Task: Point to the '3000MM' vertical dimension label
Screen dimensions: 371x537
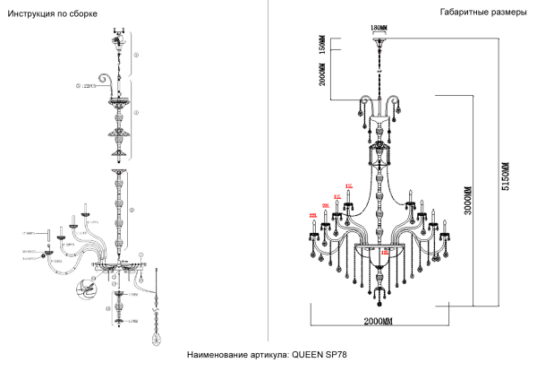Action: click(x=466, y=209)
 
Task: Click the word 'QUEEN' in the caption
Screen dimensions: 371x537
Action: click(x=307, y=356)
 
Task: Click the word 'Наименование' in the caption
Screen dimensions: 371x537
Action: click(x=218, y=356)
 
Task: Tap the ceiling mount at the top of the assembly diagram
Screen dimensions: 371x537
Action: click(x=115, y=36)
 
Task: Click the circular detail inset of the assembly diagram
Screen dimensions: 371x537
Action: click(x=87, y=289)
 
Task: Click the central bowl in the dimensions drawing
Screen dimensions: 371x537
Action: click(x=379, y=246)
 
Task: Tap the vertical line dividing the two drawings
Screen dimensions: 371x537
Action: click(x=269, y=170)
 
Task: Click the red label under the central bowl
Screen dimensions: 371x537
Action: click(x=384, y=254)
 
